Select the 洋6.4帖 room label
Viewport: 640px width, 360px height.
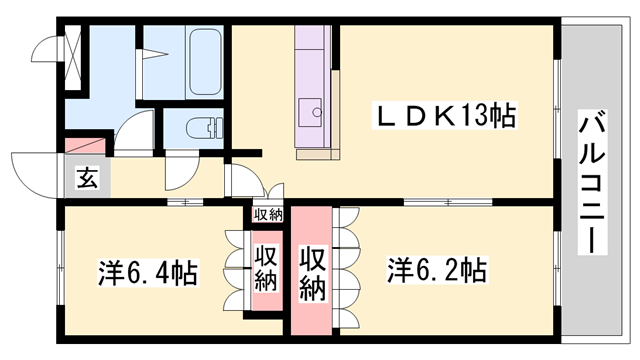click(x=147, y=271)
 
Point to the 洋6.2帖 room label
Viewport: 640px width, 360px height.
click(x=437, y=270)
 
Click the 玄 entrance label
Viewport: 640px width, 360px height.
click(x=88, y=180)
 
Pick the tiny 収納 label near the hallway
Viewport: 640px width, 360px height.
click(x=267, y=214)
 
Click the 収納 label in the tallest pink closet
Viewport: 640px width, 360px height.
click(x=313, y=271)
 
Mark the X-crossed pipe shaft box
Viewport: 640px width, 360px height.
click(x=73, y=55)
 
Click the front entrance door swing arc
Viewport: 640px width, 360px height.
click(x=35, y=170)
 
